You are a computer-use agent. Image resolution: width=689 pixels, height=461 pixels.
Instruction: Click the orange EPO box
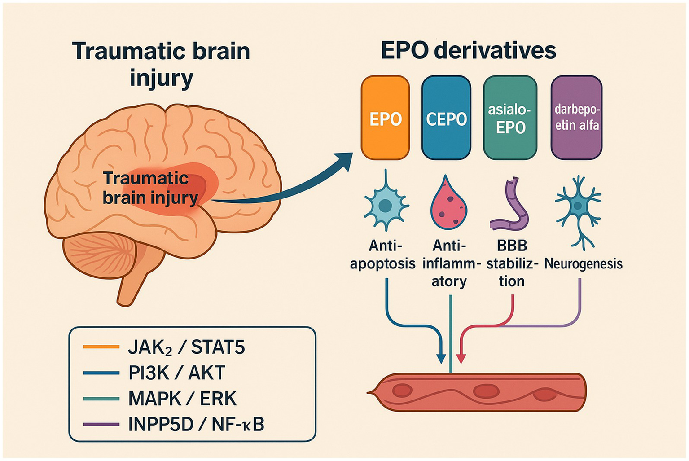pos(385,118)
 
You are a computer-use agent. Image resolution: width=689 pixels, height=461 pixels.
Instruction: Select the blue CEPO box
pos(446,118)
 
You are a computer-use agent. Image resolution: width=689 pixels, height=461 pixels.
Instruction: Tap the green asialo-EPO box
pos(510,118)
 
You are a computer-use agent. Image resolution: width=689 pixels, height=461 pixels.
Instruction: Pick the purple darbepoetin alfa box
pos(576,118)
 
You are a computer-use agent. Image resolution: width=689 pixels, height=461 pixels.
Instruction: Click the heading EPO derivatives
pos(468,50)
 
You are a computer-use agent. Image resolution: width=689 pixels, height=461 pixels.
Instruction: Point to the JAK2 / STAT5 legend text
pos(186,347)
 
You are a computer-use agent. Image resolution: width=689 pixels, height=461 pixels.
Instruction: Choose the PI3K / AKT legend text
pos(176,373)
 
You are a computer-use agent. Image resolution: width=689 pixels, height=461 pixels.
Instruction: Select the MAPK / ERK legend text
pos(182,398)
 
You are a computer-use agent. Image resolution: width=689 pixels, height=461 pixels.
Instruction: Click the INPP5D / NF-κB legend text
pos(196,424)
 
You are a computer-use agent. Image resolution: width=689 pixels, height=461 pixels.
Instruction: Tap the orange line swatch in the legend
pos(101,347)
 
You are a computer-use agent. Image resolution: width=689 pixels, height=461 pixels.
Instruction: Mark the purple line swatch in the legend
pos(101,424)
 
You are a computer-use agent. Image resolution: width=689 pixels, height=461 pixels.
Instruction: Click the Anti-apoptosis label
pos(382,255)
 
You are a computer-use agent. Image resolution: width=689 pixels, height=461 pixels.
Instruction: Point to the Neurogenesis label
pos(583,263)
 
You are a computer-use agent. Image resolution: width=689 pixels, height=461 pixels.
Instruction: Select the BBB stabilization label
pos(512,263)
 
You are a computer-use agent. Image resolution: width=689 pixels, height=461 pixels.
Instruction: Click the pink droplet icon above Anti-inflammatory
pos(448,205)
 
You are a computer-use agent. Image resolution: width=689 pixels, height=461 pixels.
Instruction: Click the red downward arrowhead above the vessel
pos(461,358)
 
